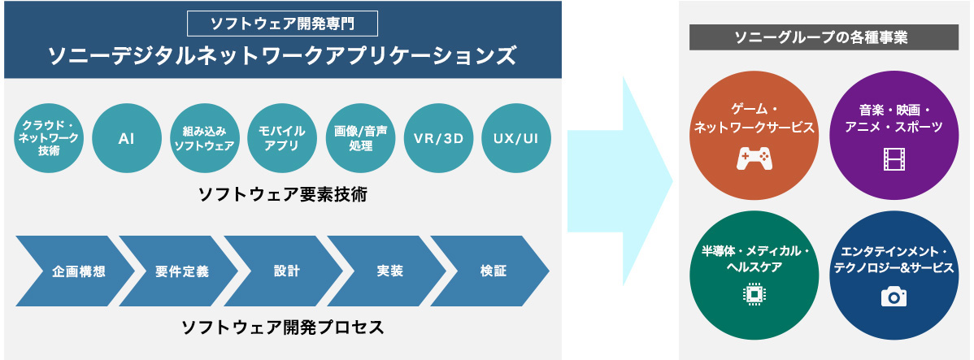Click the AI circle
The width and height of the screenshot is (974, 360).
(127, 138)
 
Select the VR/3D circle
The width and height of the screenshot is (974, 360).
(438, 138)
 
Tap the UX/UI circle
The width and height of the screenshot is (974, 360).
(516, 138)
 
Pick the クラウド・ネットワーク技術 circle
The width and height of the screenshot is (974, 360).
(49, 138)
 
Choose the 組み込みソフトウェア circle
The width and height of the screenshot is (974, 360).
(205, 138)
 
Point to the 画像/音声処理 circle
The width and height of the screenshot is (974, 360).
(360, 138)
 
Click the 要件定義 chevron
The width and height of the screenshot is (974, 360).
(180, 271)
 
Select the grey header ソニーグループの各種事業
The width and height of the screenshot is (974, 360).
(823, 37)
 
